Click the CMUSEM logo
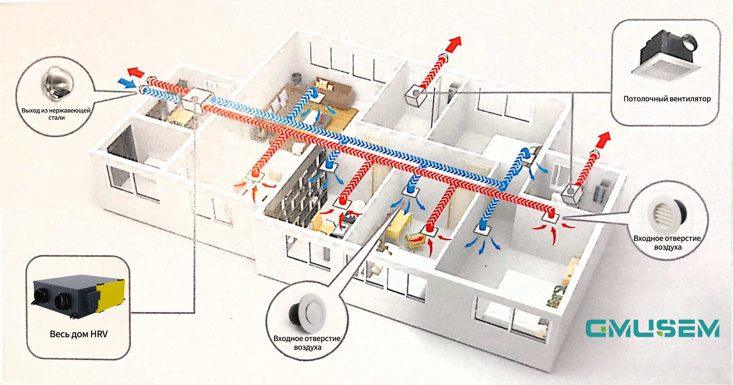652,328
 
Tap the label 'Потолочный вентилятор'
667,99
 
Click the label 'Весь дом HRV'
79,334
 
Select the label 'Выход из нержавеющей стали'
56,114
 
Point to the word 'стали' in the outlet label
57,118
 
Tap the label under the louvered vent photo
667,243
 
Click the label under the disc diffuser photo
307,343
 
